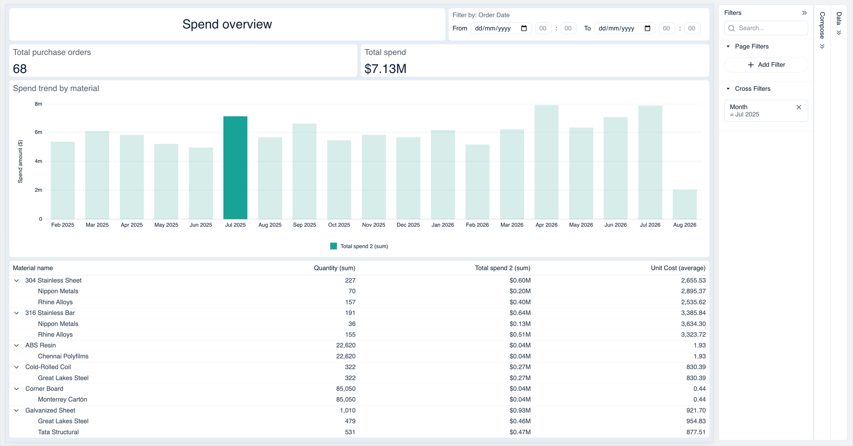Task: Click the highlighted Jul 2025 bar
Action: click(x=235, y=168)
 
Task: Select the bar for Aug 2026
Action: click(x=685, y=204)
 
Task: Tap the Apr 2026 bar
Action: click(x=546, y=162)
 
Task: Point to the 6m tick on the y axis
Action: click(x=38, y=132)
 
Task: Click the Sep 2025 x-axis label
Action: click(x=305, y=225)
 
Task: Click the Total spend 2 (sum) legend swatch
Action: click(x=334, y=246)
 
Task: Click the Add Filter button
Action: click(x=766, y=65)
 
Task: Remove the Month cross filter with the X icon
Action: click(x=799, y=107)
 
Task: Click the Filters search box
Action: click(x=766, y=28)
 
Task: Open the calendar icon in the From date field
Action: click(x=524, y=28)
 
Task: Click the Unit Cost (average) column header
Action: click(x=678, y=268)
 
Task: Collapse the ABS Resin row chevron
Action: click(x=17, y=345)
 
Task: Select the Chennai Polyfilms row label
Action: click(x=63, y=356)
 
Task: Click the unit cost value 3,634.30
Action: click(x=693, y=324)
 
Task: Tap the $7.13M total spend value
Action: click(x=385, y=69)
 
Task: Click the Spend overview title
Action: click(x=227, y=24)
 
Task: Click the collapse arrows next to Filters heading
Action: click(x=804, y=13)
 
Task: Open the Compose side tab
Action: click(x=822, y=26)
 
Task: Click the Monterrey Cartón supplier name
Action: click(x=62, y=399)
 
